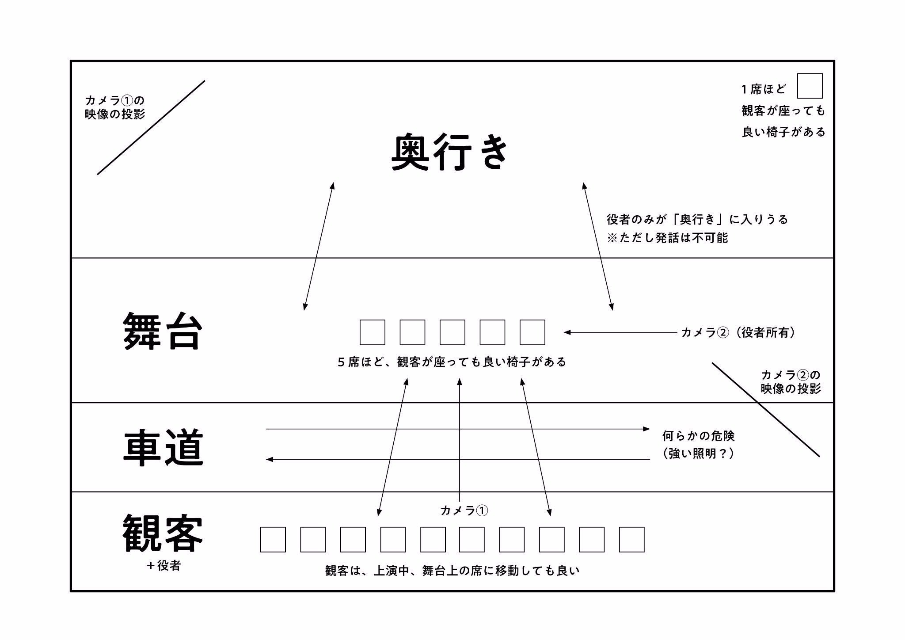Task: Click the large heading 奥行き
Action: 450,152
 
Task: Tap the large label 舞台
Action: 163,331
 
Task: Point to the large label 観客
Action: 163,533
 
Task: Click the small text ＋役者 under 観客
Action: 164,566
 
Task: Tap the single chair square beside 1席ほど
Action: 810,86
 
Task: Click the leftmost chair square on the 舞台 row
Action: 372,332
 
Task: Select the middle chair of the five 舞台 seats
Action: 452,332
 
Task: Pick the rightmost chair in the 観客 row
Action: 631,539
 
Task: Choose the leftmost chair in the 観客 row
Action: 273,539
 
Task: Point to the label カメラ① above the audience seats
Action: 464,510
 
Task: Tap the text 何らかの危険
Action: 698,436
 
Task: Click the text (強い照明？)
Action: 698,454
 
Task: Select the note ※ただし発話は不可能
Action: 667,238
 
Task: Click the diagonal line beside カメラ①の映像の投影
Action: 151,128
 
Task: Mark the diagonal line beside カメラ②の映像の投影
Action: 766,410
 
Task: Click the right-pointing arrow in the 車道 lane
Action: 457,429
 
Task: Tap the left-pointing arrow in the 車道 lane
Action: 457,460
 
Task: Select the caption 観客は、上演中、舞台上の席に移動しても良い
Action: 452,571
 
